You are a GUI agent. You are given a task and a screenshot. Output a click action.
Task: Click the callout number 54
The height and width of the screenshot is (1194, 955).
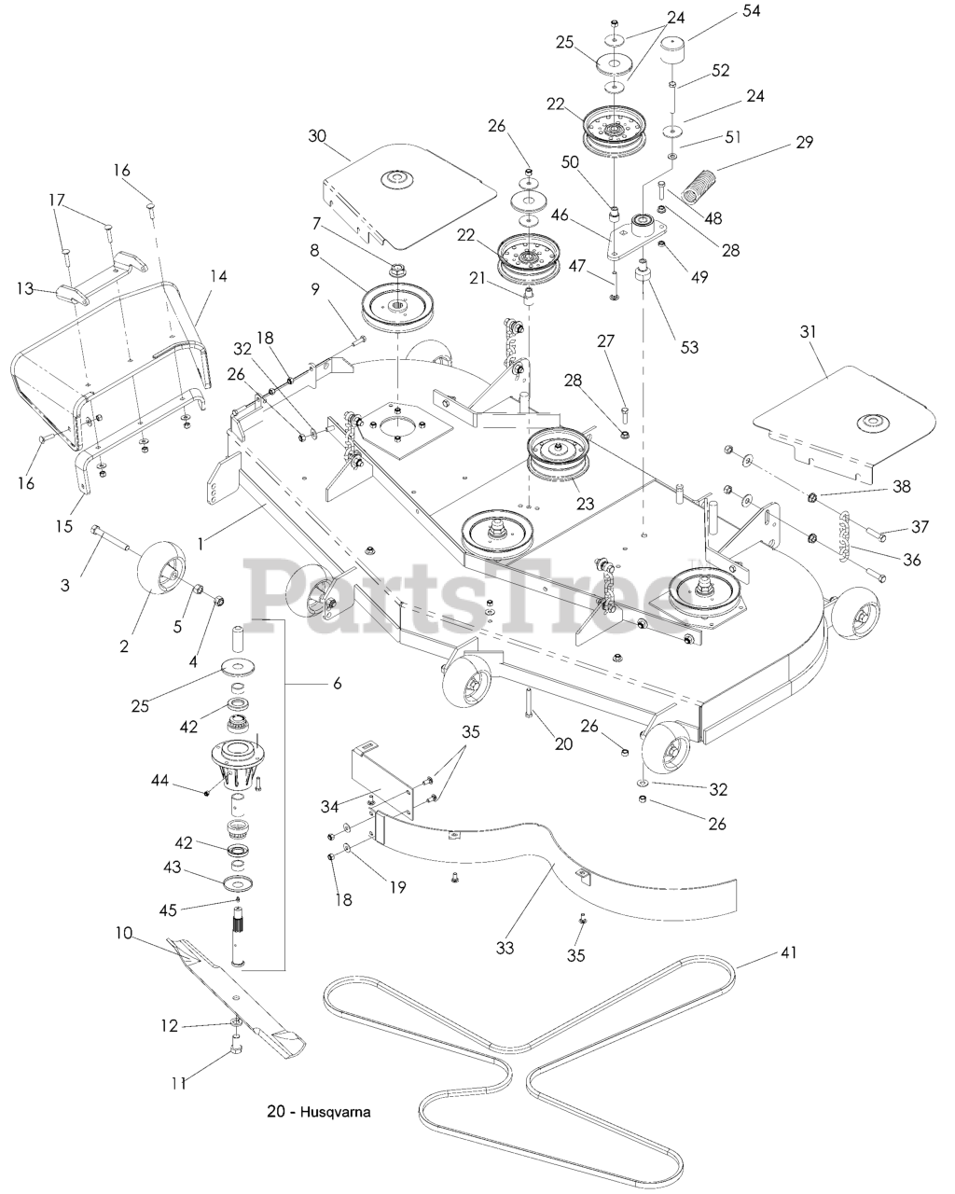751,10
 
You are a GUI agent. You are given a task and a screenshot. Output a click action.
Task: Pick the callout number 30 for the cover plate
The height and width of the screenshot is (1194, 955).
317,136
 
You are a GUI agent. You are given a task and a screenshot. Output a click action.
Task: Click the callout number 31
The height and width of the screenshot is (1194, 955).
809,332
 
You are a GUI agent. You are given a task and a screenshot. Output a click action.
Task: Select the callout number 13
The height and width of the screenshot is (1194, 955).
25,288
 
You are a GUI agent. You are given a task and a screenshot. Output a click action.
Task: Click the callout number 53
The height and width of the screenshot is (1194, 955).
689,347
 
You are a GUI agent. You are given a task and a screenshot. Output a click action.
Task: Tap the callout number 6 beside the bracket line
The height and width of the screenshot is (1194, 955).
338,683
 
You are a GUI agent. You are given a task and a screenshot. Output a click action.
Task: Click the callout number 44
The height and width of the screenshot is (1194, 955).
161,781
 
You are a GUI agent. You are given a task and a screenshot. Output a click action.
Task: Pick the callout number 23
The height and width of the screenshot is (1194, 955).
585,504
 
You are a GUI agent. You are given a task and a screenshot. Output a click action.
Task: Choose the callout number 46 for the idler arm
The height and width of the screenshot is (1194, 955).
560,215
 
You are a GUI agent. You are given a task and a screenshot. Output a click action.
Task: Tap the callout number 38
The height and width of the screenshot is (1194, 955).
902,486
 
